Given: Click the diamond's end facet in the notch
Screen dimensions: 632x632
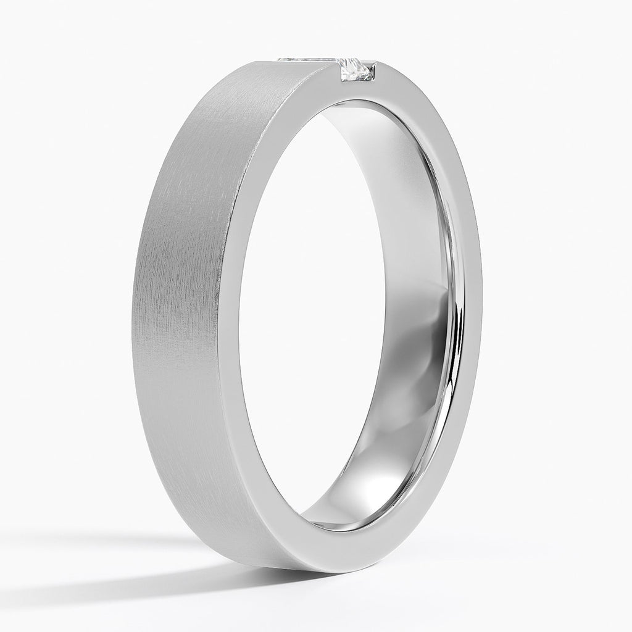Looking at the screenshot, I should (354, 70).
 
